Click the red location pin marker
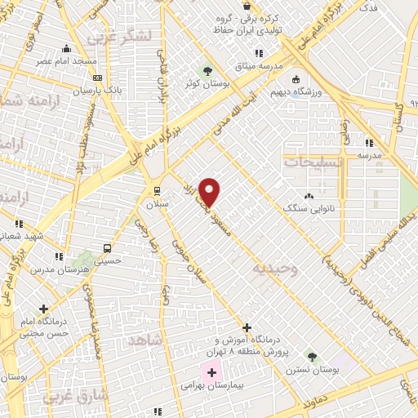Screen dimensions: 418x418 pyautogui.click(x=210, y=192)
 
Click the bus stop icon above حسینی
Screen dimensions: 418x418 pyautogui.click(x=107, y=249)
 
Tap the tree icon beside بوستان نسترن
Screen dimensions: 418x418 pyautogui.click(x=311, y=356)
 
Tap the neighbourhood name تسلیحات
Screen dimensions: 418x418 pyautogui.click(x=313, y=162)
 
